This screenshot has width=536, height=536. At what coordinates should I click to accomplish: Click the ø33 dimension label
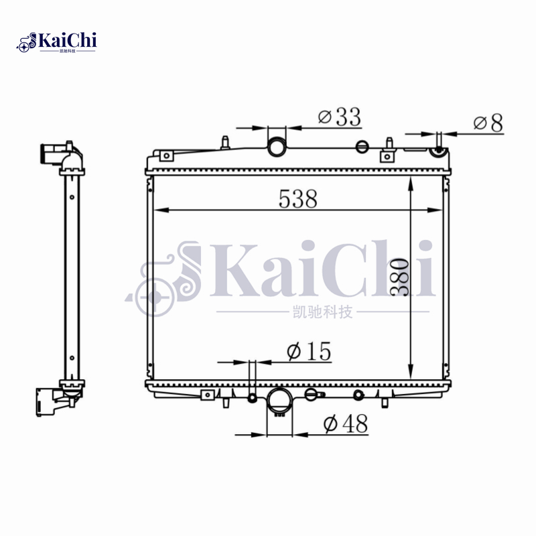[x=339, y=117]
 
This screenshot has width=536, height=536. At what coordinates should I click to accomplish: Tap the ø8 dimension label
[x=488, y=123]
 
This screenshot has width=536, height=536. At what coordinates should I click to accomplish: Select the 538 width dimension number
[x=297, y=198]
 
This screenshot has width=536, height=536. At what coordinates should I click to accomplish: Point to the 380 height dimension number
[x=399, y=277]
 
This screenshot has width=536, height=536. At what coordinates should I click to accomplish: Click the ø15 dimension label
[x=309, y=351]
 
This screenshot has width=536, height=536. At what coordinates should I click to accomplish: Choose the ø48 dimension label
[x=346, y=423]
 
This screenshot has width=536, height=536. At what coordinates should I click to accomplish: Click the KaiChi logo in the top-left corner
[x=56, y=42]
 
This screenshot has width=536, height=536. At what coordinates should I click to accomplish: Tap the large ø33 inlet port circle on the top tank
[x=276, y=147]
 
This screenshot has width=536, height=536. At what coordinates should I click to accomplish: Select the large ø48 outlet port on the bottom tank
[x=279, y=401]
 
